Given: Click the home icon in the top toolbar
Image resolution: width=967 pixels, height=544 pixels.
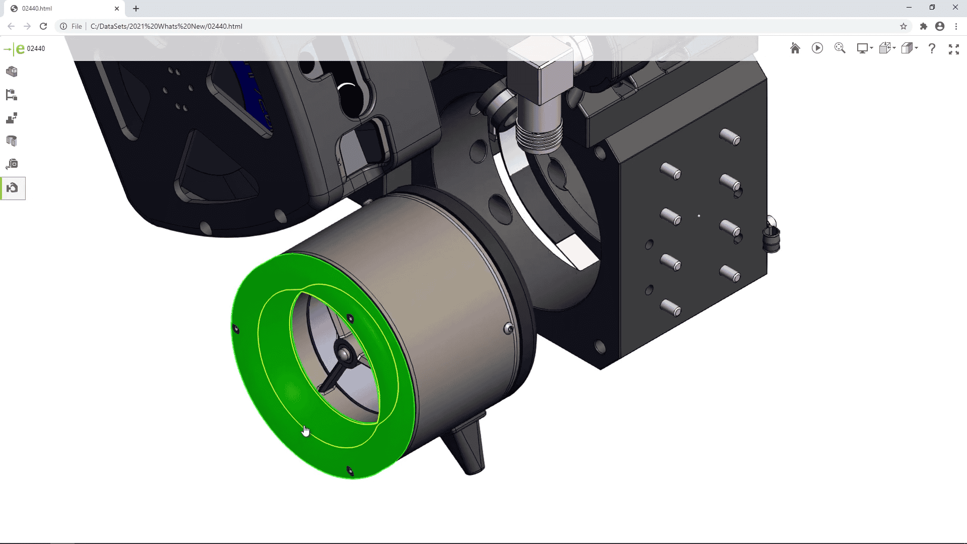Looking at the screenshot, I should coord(795,48).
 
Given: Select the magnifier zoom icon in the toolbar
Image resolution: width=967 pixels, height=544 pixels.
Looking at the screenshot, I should coord(840,48).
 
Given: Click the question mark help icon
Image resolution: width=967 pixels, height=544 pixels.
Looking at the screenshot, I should coord(932,48).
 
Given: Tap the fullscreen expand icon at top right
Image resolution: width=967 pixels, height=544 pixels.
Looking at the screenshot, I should coord(953,49).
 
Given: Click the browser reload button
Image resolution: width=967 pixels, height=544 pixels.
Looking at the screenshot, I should coord(43,26).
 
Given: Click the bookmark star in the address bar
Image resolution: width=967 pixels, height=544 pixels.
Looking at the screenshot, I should coord(903,26).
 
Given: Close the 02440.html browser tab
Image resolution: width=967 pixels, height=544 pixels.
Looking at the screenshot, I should coord(116,9).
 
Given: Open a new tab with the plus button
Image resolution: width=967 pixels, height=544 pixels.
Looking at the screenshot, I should coord(136,9).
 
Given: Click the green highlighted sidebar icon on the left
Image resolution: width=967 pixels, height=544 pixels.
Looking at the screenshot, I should coord(13,188).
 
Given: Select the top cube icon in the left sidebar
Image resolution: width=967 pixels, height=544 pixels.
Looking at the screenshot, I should coord(12,72).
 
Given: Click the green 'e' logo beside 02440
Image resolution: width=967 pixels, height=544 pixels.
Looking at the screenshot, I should coord(20,48).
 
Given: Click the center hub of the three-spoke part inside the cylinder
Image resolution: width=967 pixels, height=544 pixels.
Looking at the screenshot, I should coord(344,354).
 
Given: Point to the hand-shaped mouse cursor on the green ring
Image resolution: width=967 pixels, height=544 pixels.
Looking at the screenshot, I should coord(305,431).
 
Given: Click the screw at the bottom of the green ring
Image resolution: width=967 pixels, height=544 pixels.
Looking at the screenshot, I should coord(350,471).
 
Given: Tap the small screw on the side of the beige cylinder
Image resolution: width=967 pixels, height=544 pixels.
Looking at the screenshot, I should coord(508,329).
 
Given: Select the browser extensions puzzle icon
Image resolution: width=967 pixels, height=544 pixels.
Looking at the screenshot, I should coord(923,26).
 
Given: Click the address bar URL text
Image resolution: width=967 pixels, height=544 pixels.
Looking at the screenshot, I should coord(166,26).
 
